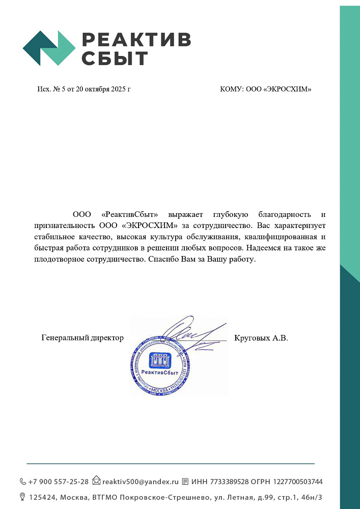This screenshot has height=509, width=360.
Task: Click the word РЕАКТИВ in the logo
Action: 136,39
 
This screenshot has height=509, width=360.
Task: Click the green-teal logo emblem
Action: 49,48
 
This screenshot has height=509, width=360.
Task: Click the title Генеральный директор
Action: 82,337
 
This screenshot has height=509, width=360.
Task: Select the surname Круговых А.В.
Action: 261,337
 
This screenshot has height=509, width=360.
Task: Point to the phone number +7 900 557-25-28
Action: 58,482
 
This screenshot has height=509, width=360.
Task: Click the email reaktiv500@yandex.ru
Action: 141,482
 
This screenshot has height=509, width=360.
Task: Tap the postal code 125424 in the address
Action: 42,497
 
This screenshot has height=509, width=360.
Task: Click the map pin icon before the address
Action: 23,496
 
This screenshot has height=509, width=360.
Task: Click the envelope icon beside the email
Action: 96,481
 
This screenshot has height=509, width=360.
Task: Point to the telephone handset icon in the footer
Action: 23,482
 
